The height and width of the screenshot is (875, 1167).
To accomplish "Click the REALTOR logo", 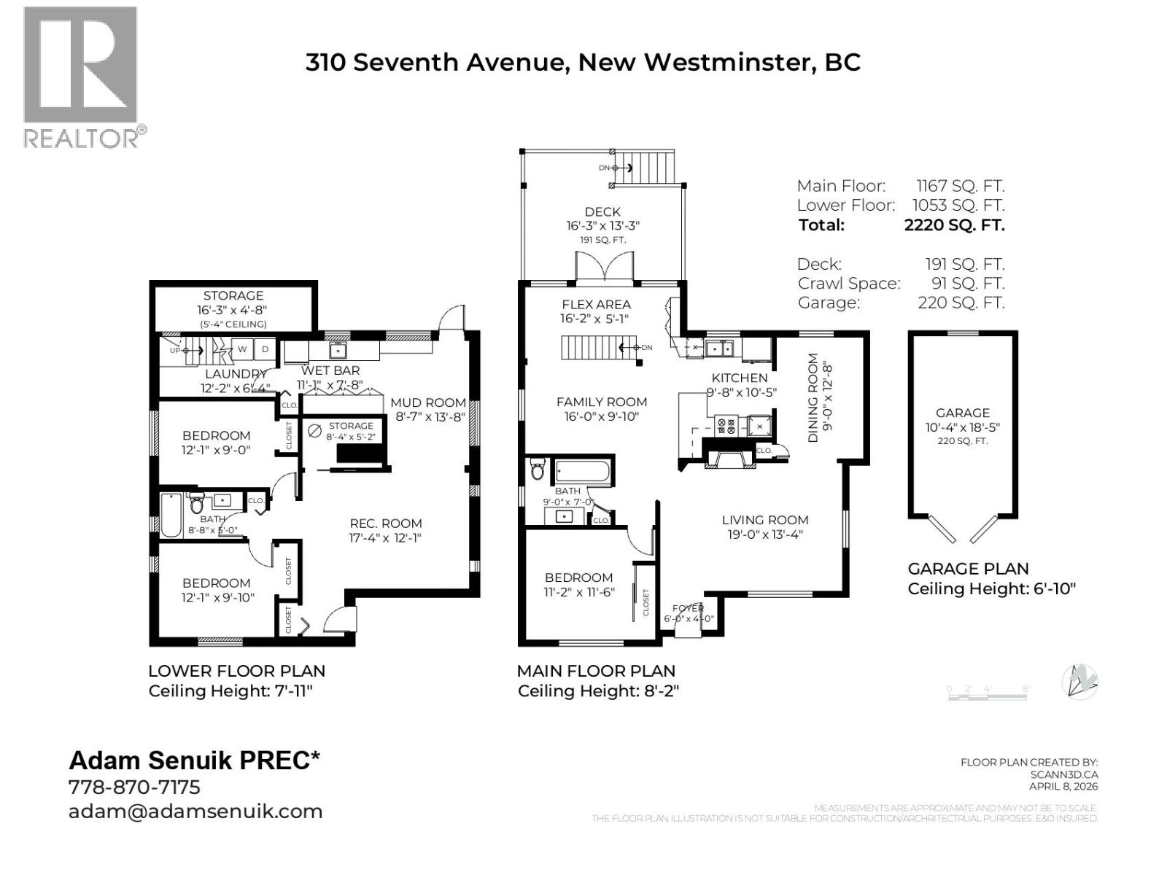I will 80,77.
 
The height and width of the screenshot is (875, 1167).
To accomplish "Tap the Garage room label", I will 963,413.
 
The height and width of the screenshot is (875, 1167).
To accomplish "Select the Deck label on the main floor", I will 602,212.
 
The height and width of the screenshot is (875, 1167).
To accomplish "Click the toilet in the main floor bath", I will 538,470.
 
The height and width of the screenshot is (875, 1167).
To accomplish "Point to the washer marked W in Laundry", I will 243,349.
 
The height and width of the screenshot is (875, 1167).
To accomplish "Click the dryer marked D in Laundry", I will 265,349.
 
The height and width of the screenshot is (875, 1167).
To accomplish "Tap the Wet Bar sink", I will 338,351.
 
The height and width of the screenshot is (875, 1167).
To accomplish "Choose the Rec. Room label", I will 385,524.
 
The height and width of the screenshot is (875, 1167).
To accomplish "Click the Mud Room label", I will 428,402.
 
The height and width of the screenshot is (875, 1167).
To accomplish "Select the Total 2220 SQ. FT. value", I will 954,225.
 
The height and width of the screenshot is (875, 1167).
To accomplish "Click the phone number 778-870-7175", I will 134,787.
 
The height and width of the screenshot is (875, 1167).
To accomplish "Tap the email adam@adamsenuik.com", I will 195,812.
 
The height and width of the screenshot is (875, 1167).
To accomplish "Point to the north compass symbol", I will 1080,682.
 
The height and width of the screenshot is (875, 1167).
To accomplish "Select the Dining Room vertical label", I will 814,398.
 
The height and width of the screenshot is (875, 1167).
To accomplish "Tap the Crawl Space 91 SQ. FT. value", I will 967,284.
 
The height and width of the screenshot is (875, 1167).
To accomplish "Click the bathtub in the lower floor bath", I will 171,516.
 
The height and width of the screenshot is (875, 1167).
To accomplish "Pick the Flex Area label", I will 596,305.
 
